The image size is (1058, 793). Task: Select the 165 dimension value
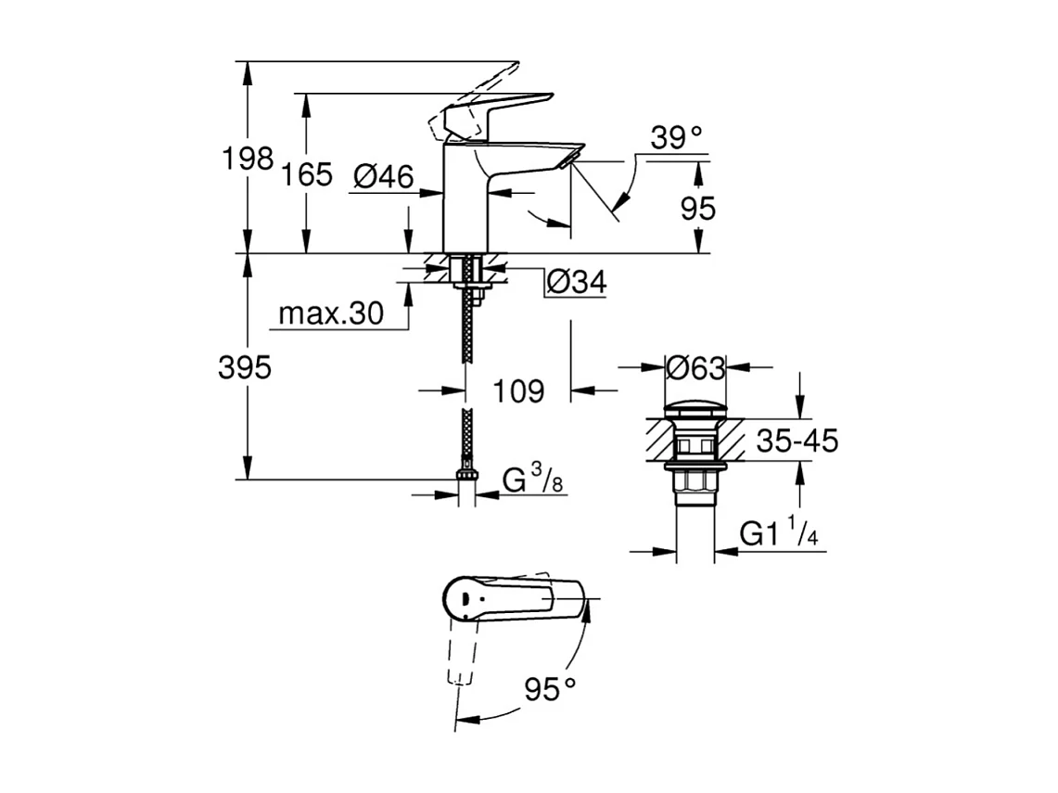pyautogui.click(x=307, y=173)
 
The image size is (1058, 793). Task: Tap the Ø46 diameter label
pyautogui.click(x=383, y=175)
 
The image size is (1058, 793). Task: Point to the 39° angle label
pyautogui.click(x=676, y=138)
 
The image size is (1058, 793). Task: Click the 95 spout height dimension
pyautogui.click(x=697, y=209)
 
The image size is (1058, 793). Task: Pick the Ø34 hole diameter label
pyautogui.click(x=575, y=282)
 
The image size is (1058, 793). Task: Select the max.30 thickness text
pyautogui.click(x=331, y=314)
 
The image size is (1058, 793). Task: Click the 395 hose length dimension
pyautogui.click(x=245, y=367)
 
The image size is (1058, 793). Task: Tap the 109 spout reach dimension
pyautogui.click(x=517, y=391)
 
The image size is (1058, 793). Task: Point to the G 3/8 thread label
pyautogui.click(x=533, y=480)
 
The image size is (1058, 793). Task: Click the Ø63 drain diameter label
pyautogui.click(x=695, y=368)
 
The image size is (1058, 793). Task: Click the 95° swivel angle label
pyautogui.click(x=550, y=689)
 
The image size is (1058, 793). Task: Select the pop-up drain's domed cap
pyautogui.click(x=695, y=407)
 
